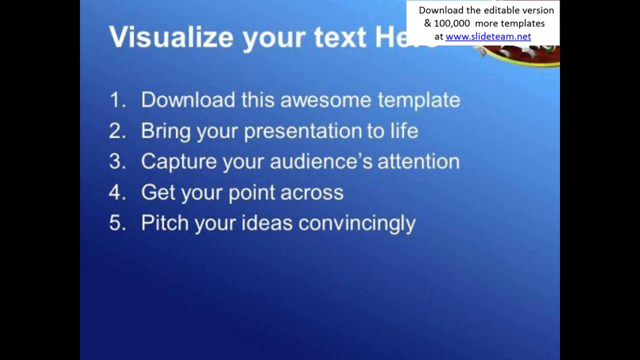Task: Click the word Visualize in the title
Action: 170,37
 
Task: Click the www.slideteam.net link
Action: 488,36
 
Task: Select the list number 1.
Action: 116,100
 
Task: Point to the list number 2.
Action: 116,131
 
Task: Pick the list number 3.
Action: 116,162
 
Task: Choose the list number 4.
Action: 116,192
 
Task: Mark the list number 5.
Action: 116,223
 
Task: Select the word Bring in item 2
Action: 165,131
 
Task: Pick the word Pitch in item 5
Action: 164,223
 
